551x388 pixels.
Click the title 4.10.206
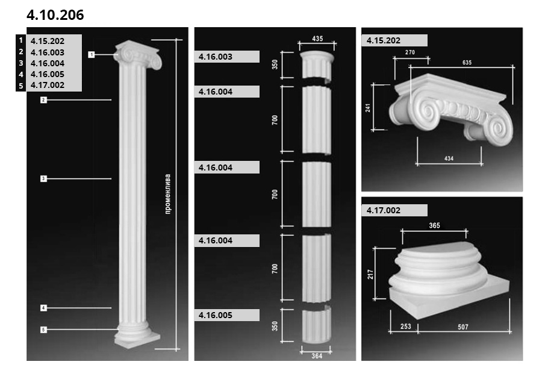tap(55, 14)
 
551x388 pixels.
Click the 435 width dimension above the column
tap(317, 39)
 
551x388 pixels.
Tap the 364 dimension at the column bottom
tap(317, 355)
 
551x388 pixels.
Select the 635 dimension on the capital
tap(467, 63)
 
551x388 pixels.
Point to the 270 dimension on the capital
tap(410, 52)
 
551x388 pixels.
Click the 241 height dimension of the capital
tap(367, 107)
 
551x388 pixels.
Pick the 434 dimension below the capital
tap(449, 158)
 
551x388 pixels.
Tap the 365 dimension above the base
tap(434, 225)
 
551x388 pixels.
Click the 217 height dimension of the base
tap(370, 274)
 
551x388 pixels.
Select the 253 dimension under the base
tap(405, 326)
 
